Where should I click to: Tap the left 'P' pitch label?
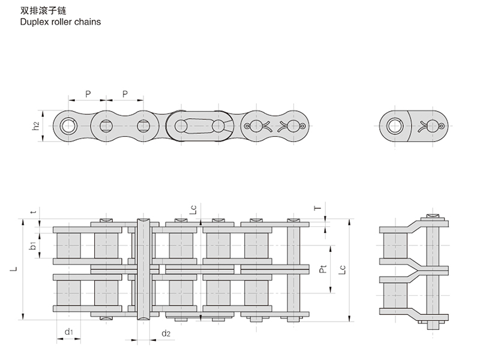point(88,94)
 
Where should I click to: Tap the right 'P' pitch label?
point(125,94)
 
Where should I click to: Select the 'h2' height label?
point(36,125)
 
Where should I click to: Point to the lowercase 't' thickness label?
point(34,212)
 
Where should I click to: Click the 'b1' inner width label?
point(34,245)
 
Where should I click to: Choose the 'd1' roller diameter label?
point(68,332)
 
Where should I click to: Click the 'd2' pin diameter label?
point(166,333)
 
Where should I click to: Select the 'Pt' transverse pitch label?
point(323,270)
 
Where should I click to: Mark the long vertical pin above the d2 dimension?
point(143,270)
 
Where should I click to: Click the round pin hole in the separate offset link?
point(395,125)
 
